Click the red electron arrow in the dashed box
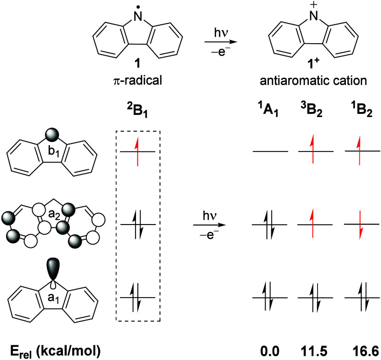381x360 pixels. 136,152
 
